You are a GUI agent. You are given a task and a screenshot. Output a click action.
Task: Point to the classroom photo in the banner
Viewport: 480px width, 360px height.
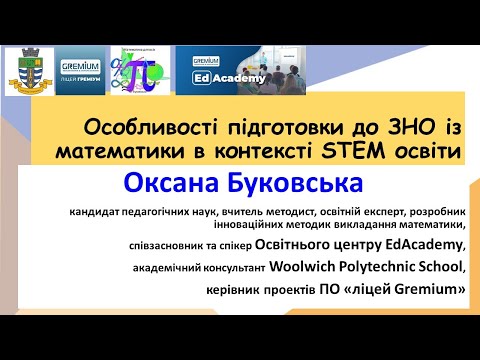tap(315, 70)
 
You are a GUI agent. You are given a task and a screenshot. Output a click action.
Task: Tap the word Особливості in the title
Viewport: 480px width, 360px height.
tap(137, 127)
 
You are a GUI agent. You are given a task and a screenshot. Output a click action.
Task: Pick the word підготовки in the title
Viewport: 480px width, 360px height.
tap(257, 127)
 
